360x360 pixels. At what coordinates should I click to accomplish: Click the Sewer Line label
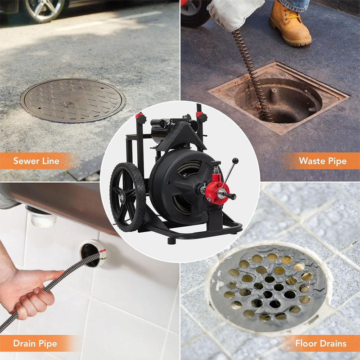(36, 161)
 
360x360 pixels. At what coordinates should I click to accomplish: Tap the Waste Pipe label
(322, 161)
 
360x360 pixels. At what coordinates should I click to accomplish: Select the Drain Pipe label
(35, 344)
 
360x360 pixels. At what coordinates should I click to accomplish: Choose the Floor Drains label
(320, 344)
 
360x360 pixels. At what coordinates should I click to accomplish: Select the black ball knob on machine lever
(234, 161)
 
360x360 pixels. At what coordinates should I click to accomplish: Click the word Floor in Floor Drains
(306, 344)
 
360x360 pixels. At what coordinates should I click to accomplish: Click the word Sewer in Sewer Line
(25, 161)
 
